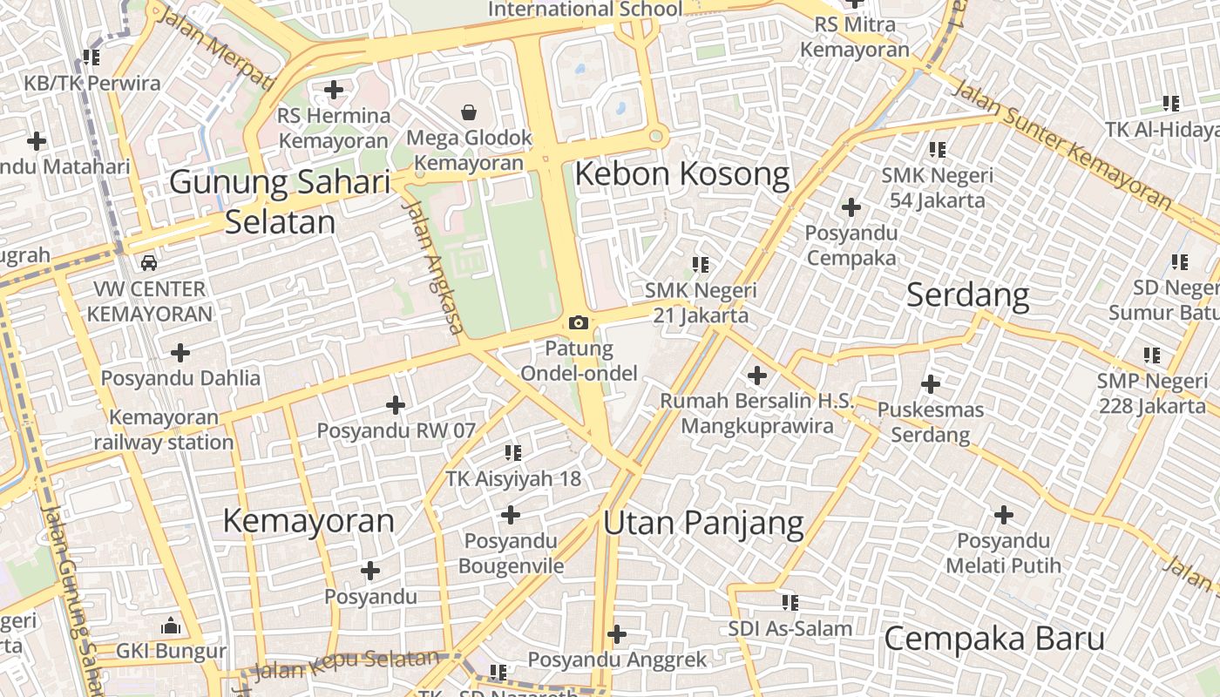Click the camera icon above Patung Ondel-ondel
tap(578, 323)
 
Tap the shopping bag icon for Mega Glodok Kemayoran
tap(469, 112)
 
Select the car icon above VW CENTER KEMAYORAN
tap(149, 262)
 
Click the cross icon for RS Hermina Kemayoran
tap(333, 90)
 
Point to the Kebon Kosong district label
tap(681, 174)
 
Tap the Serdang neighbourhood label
tap(967, 295)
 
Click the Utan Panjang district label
tap(703, 523)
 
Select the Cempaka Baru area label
tap(994, 639)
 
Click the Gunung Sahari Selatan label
tap(280, 201)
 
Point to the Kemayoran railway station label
tap(164, 430)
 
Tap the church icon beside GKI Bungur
tap(171, 626)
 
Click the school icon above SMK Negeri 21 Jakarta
tap(701, 264)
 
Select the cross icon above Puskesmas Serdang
tap(931, 383)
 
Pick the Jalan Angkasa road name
tap(433, 267)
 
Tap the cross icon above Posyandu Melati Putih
tap(1004, 515)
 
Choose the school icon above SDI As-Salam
tap(790, 602)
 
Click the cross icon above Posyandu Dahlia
tap(180, 353)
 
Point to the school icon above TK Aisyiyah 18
tap(513, 452)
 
